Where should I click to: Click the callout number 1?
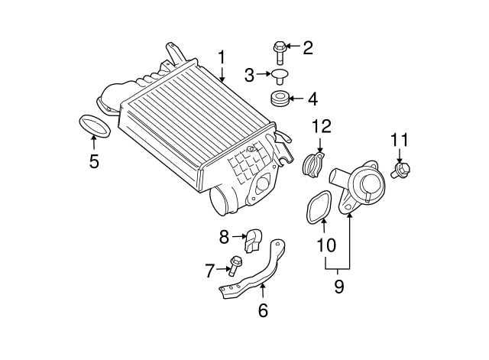point(221,57)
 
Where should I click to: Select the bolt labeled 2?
point(279,53)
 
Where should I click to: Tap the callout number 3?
point(249,75)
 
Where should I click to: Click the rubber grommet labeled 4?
point(280,99)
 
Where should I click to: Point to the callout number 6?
point(263,310)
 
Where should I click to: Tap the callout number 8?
point(224,237)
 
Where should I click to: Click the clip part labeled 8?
point(253,241)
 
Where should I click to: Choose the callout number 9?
point(338,286)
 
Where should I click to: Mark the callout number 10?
point(326,245)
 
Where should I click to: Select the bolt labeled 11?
point(400,170)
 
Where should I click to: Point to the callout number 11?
point(400,140)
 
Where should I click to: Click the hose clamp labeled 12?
point(313,164)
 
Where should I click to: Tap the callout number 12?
point(322,126)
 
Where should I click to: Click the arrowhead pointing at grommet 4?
point(292,99)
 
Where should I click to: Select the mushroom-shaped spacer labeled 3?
point(280,76)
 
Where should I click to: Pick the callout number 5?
point(94,161)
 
